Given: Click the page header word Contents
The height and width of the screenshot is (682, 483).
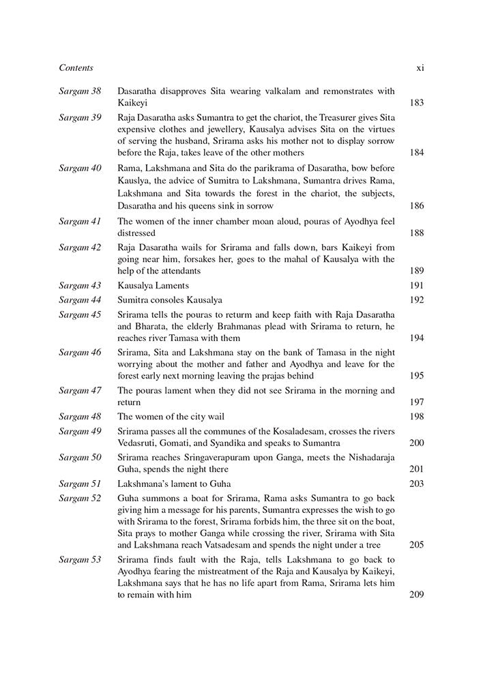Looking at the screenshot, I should [x=76, y=68].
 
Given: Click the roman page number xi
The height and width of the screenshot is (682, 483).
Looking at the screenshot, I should [x=420, y=68].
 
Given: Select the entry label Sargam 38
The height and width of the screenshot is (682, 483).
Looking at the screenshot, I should [x=80, y=90].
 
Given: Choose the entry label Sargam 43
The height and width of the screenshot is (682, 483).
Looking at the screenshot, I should [x=80, y=285].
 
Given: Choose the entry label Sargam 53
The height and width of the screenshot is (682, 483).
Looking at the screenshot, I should [x=80, y=559].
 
